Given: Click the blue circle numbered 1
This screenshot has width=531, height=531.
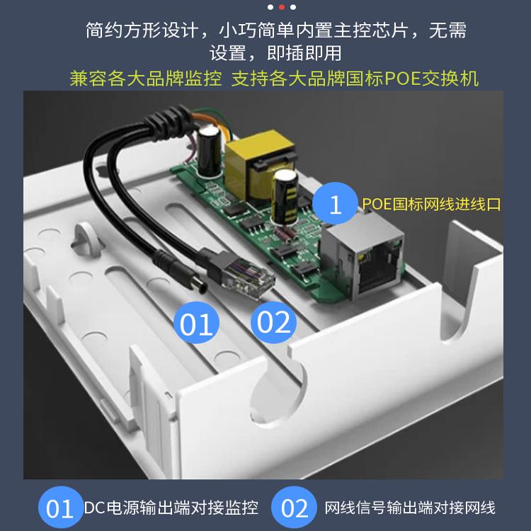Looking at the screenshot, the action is point(335,203).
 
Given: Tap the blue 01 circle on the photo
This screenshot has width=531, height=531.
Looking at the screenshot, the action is point(196,323).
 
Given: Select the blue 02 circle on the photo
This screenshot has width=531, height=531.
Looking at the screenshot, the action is point(273,322).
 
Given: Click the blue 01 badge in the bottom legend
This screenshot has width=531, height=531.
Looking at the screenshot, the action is point(60,508).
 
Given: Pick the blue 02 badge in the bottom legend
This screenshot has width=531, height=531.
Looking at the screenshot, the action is point(295,508).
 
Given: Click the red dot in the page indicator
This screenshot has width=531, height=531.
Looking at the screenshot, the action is point(281,7).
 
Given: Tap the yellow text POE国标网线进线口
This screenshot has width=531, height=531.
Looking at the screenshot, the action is point(431,204).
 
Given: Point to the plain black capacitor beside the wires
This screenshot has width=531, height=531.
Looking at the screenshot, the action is point(210,152).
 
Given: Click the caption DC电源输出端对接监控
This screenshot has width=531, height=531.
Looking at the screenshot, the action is point(171,508).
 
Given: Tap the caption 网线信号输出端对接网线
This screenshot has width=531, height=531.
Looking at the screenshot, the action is point(410,508).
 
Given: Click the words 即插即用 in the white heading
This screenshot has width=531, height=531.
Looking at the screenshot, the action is point(304,53).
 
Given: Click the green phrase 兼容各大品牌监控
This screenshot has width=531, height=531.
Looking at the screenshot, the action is point(146,79).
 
